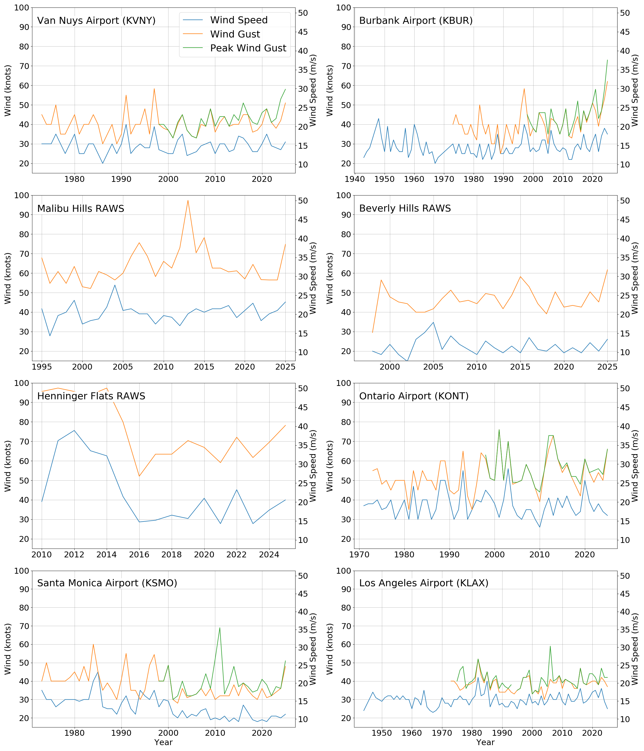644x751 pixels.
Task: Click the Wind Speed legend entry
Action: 239,20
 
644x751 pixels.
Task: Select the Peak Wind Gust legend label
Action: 248,48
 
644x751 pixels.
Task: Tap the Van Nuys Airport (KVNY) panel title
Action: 96,21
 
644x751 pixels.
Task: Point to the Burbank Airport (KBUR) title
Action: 416,21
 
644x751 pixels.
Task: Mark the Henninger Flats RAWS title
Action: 91,396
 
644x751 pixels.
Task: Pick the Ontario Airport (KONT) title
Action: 413,396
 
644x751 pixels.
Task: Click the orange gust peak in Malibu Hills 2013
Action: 188,200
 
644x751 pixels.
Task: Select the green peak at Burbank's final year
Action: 607,60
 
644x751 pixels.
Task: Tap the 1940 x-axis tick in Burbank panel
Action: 354,179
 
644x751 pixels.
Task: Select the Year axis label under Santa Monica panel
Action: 163,742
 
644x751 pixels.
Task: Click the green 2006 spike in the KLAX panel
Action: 550,646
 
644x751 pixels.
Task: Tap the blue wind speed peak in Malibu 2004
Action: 115,285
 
